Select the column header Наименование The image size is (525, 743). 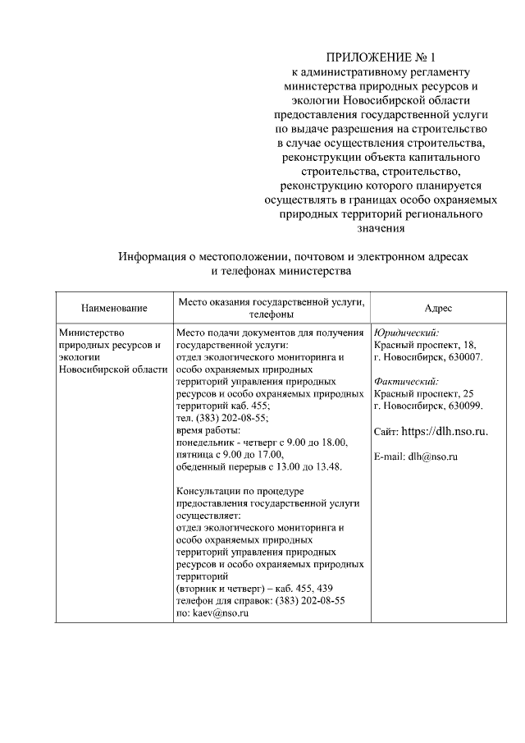pyautogui.click(x=114, y=308)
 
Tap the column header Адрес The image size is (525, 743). pyautogui.click(x=438, y=308)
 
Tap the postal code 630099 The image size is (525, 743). pyautogui.click(x=465, y=406)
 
